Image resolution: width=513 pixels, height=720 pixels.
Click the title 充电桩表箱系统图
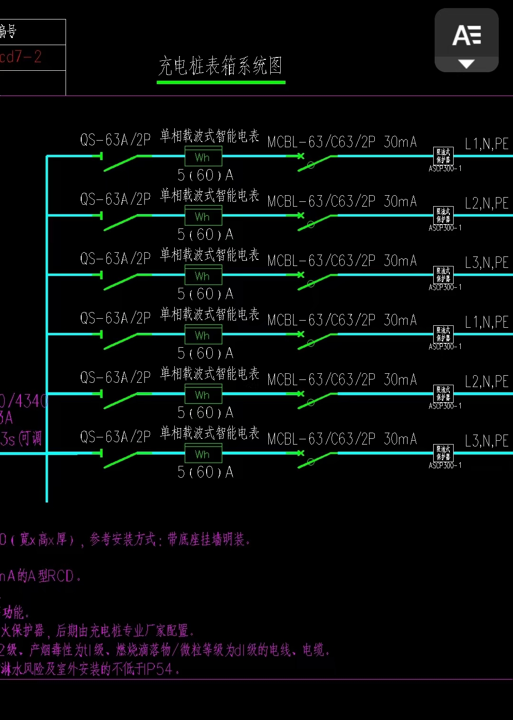tap(220, 66)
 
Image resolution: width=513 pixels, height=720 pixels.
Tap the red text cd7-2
tap(21, 57)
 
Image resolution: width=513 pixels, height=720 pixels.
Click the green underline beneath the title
tap(221, 83)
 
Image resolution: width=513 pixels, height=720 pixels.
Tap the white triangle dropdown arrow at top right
tap(466, 64)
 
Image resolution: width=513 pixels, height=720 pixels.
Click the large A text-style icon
tap(466, 36)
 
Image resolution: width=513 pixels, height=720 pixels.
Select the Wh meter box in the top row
tap(203, 157)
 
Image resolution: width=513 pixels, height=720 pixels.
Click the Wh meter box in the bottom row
tap(203, 455)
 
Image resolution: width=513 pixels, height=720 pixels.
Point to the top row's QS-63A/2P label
tap(115, 140)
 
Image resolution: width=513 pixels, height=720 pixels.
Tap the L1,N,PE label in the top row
tap(486, 144)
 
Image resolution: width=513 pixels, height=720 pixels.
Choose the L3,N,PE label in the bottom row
tap(486, 441)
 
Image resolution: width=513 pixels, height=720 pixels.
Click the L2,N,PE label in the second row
tap(486, 203)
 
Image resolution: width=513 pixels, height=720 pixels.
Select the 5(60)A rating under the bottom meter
tap(205, 472)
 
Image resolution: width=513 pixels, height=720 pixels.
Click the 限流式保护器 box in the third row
tap(444, 275)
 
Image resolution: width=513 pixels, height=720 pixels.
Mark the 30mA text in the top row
tap(400, 142)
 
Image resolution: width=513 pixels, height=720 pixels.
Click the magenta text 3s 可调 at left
tap(21, 438)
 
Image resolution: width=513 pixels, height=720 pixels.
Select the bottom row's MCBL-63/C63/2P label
tap(321, 439)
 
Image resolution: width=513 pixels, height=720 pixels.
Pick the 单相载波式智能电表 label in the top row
tap(209, 136)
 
